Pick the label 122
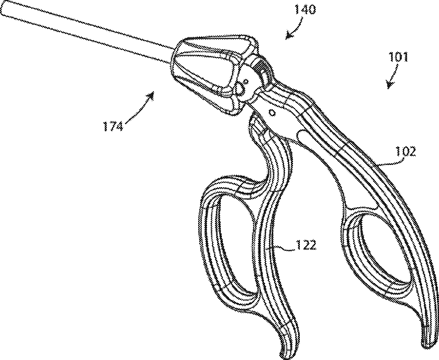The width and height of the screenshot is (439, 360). (x=306, y=246)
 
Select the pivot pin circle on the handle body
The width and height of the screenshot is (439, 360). (x=272, y=112)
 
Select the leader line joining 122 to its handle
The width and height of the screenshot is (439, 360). (x=282, y=246)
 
